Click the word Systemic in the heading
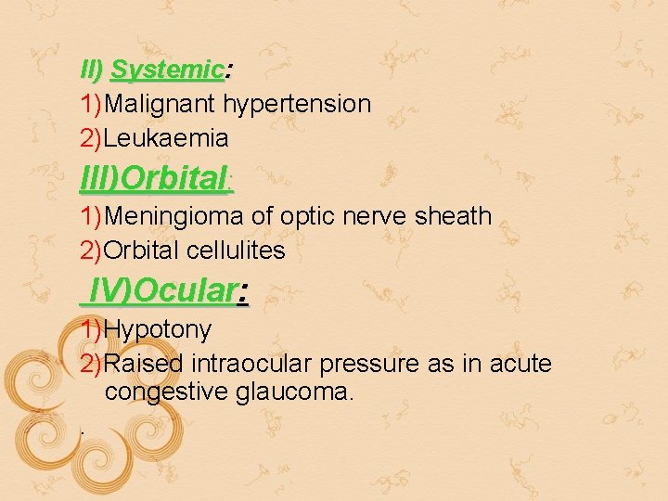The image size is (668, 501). [167, 70]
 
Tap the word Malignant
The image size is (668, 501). [161, 104]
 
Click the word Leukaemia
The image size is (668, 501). [167, 138]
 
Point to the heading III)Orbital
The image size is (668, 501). [154, 177]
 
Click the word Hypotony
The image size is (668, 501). [159, 329]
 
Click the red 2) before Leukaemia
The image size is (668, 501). [92, 138]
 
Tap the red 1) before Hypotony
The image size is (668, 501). [92, 329]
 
